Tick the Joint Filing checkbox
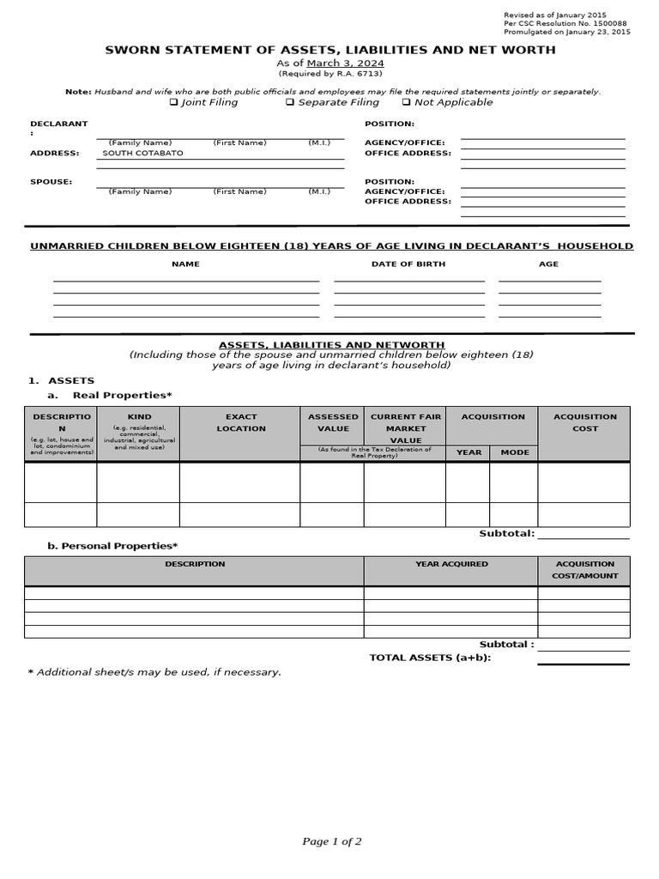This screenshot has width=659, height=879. point(173,102)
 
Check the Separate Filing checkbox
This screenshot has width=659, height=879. point(289,102)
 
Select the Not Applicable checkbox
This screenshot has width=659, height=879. point(406,102)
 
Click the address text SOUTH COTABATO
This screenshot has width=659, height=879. point(142,153)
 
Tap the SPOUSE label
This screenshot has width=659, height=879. point(51,182)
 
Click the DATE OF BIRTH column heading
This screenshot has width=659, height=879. point(408,264)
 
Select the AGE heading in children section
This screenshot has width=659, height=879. point(548,264)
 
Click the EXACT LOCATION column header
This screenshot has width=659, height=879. point(241,422)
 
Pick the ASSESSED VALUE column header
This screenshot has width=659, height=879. point(333,422)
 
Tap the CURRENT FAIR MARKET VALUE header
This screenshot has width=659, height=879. point(406,427)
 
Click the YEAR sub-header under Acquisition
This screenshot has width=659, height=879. point(469,452)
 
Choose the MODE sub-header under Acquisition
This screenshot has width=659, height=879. point(515,452)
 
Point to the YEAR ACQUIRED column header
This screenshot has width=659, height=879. point(451,564)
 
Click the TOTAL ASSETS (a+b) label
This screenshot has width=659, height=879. point(430,658)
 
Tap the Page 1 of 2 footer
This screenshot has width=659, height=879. point(331,841)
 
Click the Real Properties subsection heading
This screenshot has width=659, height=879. point(122,395)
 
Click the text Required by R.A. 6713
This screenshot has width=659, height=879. point(330,75)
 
